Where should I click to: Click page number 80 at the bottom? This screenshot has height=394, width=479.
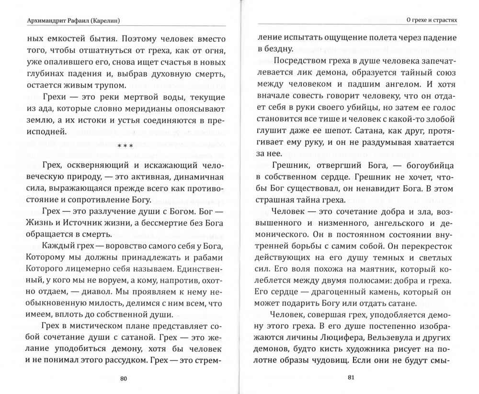123,379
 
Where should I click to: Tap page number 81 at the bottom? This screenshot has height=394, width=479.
350,378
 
